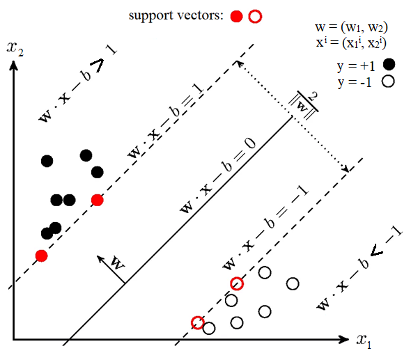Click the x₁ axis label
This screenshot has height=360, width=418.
pyautogui.click(x=364, y=341)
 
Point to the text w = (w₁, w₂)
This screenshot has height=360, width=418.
pyautogui.click(x=351, y=27)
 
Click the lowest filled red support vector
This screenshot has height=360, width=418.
pyautogui.click(x=42, y=256)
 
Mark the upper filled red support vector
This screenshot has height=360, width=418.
pyautogui.click(x=98, y=200)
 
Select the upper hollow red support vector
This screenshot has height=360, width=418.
pyautogui.click(x=237, y=283)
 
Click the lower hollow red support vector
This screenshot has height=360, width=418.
pyautogui.click(x=198, y=322)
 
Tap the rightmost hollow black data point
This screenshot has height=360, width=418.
pyautogui.click(x=293, y=283)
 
